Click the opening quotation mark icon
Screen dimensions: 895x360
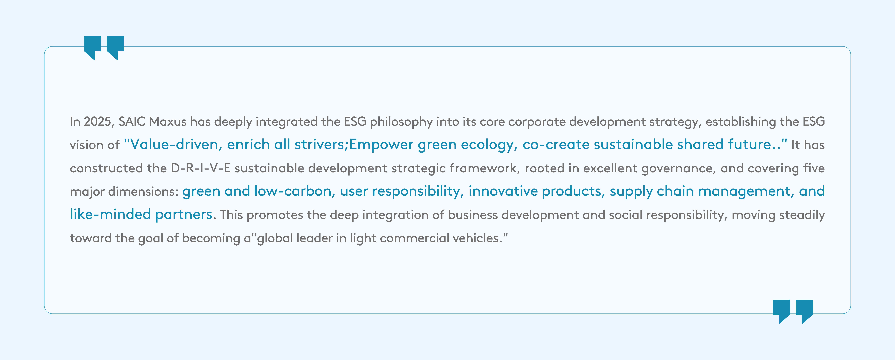104,48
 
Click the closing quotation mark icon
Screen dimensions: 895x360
793,311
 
